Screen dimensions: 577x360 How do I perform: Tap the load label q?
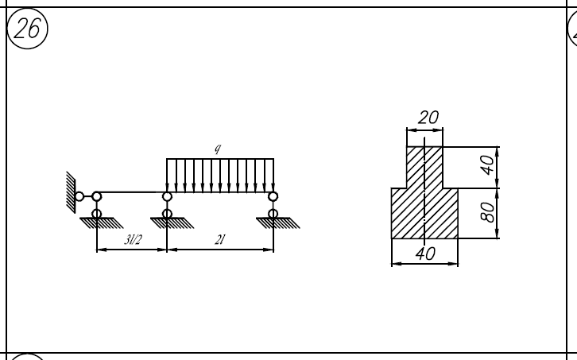[x=218, y=149]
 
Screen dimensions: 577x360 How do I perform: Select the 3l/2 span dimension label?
[x=133, y=240]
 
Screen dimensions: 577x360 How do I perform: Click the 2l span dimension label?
[x=219, y=240]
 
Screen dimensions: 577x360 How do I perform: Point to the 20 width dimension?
[x=428, y=118]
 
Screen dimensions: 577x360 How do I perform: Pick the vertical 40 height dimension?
[x=487, y=165]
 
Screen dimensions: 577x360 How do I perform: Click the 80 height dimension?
[x=487, y=212]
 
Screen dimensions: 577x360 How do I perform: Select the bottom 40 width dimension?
[x=425, y=254]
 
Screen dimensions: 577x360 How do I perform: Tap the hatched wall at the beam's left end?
[x=71, y=192]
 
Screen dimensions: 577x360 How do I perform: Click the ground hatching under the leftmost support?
[x=102, y=223]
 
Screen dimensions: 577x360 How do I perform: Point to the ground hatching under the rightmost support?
[x=278, y=223]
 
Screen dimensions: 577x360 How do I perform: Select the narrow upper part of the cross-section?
[x=424, y=168]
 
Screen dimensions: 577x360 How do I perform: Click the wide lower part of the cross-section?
[x=424, y=214]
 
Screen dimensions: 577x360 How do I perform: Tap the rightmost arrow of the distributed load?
[x=273, y=175]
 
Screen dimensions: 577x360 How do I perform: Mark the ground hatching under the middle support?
[x=172, y=223]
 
